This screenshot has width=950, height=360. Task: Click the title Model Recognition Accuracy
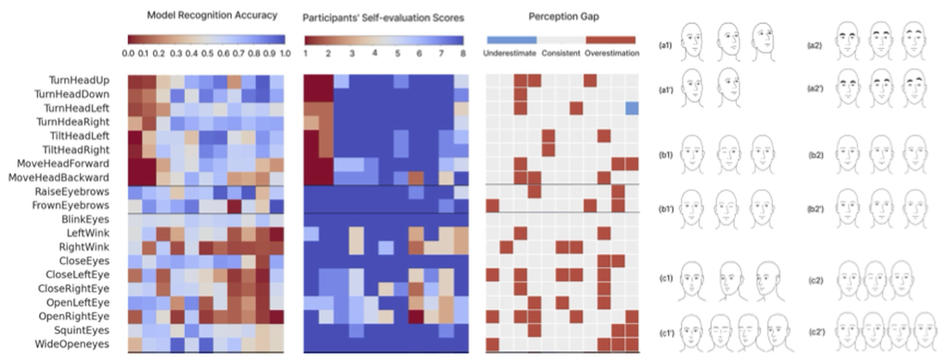[204, 17]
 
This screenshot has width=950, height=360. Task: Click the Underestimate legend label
[511, 54]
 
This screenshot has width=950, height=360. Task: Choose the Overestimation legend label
[611, 54]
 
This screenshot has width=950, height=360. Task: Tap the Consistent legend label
[561, 54]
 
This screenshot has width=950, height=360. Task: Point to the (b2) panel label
[817, 155]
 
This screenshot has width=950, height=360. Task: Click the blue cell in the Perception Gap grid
[631, 109]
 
